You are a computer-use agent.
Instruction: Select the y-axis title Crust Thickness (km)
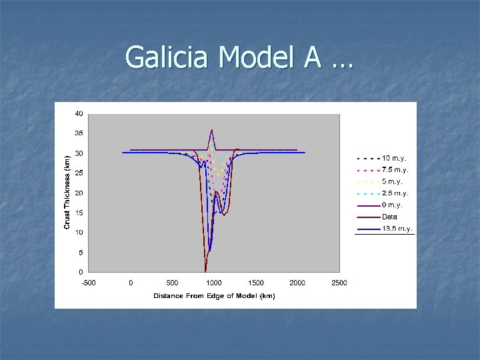click(x=67, y=193)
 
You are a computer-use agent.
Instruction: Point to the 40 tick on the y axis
click(x=79, y=114)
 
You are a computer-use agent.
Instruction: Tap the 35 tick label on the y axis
click(x=79, y=133)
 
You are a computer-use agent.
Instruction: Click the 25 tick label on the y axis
click(x=79, y=173)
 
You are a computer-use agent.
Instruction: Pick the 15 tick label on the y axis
click(x=79, y=213)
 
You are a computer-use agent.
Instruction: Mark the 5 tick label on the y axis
click(x=81, y=253)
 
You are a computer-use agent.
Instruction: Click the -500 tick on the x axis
click(x=89, y=283)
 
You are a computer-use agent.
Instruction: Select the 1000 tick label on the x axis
click(x=214, y=283)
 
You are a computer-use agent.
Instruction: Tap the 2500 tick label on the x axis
click(x=339, y=283)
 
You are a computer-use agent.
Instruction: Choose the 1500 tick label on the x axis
click(x=256, y=283)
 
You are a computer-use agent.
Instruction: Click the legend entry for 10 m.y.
click(x=394, y=159)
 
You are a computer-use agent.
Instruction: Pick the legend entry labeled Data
click(x=389, y=217)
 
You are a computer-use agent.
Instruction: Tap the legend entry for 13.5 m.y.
click(x=397, y=229)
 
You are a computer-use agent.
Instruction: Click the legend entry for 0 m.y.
click(x=392, y=205)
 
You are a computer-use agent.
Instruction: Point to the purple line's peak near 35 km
click(x=211, y=130)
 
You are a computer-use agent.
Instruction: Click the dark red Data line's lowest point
click(x=205, y=271)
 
